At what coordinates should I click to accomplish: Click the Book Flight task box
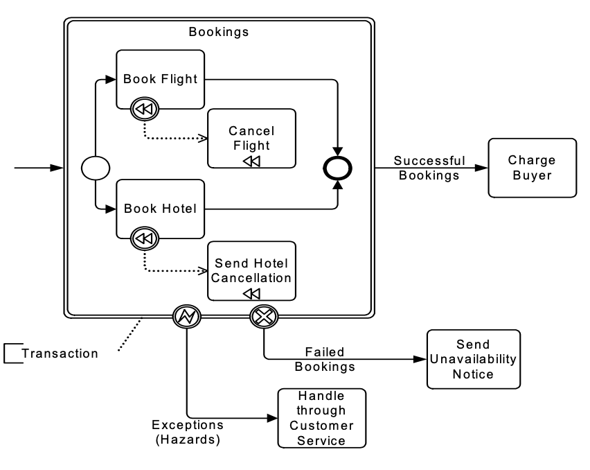pyautogui.click(x=160, y=78)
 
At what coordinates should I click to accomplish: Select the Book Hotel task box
pyautogui.click(x=160, y=208)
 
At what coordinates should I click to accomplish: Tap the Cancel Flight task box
pyautogui.click(x=251, y=138)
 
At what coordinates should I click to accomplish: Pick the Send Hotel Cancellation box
pyautogui.click(x=251, y=270)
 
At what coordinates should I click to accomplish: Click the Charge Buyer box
pyautogui.click(x=532, y=167)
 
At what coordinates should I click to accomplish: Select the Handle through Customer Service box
pyautogui.click(x=321, y=418)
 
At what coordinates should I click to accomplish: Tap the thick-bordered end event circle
pyautogui.click(x=339, y=168)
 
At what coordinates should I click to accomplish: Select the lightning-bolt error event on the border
pyautogui.click(x=186, y=317)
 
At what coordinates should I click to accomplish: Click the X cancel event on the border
pyautogui.click(x=264, y=317)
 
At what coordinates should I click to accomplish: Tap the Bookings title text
pyautogui.click(x=219, y=32)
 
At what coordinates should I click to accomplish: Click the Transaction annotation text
pyautogui.click(x=60, y=354)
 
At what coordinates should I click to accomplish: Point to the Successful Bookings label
pyautogui.click(x=429, y=168)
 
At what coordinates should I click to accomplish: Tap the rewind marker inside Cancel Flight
pyautogui.click(x=251, y=161)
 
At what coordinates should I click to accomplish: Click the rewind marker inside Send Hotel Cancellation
pyautogui.click(x=251, y=294)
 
